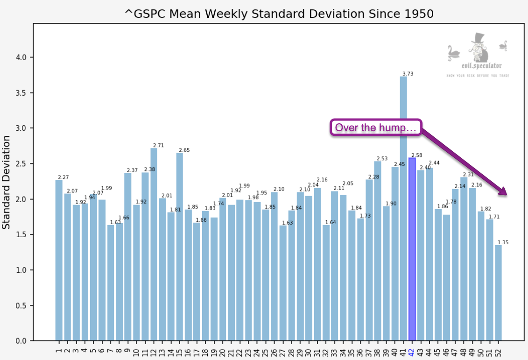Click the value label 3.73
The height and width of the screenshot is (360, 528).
[x=408, y=74]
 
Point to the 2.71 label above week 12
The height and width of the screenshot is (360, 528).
[x=158, y=145]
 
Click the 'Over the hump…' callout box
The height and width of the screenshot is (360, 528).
[x=376, y=127]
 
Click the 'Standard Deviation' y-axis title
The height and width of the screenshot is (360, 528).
[x=7, y=182]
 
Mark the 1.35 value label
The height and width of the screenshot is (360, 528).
[x=503, y=242]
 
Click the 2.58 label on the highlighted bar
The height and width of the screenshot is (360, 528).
[x=416, y=155]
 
